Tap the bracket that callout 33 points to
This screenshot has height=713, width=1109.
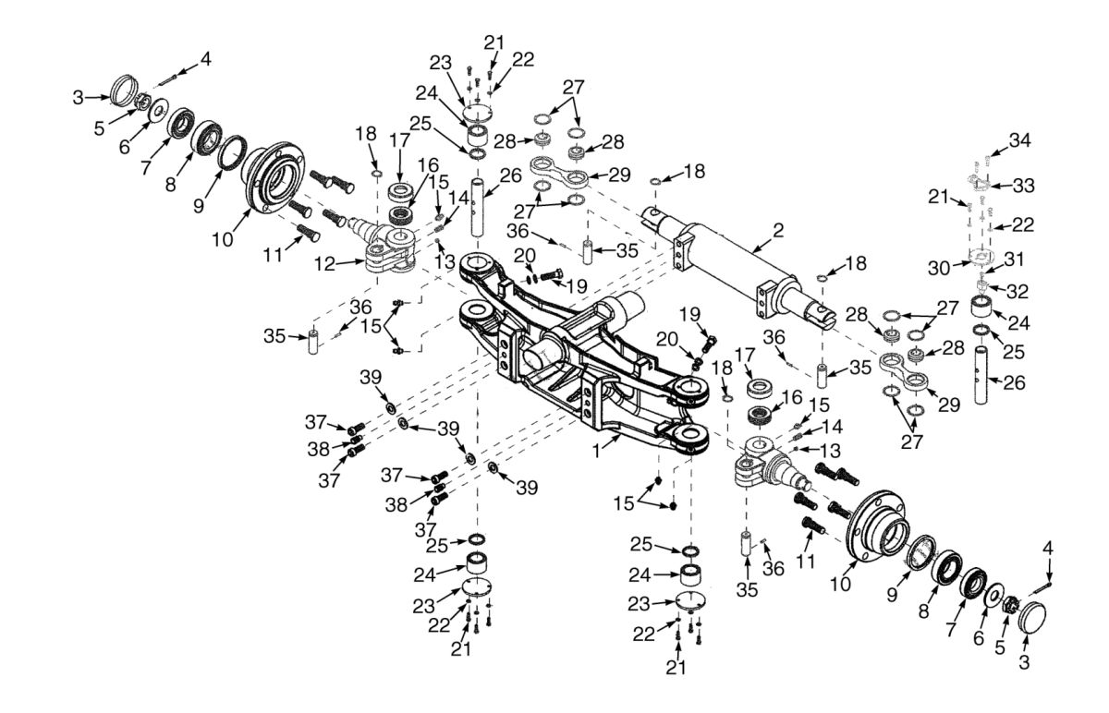tap(981, 178)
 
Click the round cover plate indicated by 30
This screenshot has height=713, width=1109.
tap(982, 256)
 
